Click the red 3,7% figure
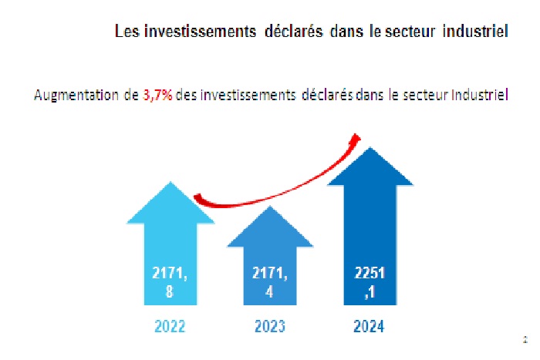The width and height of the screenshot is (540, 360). pyautogui.click(x=157, y=96)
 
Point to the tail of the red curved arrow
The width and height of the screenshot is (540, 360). pyautogui.click(x=197, y=198)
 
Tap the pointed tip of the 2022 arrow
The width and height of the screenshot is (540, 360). pyautogui.click(x=170, y=182)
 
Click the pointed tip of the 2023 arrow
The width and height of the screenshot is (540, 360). pyautogui.click(x=269, y=207)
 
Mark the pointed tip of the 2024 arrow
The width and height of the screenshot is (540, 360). pyautogui.click(x=371, y=148)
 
